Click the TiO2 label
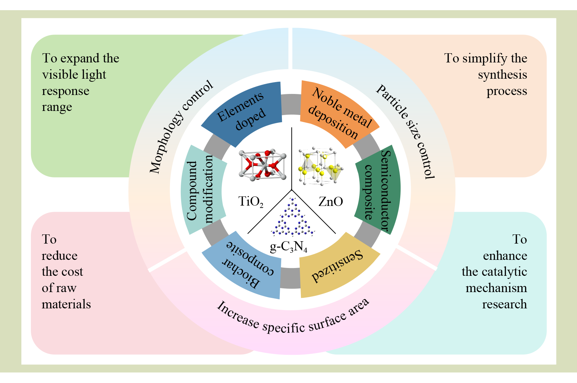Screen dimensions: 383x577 click(x=251, y=202)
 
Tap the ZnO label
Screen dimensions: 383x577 click(x=330, y=202)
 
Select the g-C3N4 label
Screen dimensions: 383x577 click(x=288, y=247)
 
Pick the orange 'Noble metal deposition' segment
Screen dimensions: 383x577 click(x=339, y=112)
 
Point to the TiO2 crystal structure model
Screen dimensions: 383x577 click(x=262, y=165)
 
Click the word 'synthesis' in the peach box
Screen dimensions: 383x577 click(x=502, y=75)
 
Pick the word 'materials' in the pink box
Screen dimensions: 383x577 click(x=66, y=304)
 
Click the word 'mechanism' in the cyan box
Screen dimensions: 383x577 click(x=496, y=288)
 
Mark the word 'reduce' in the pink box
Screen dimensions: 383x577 click(x=59, y=255)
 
